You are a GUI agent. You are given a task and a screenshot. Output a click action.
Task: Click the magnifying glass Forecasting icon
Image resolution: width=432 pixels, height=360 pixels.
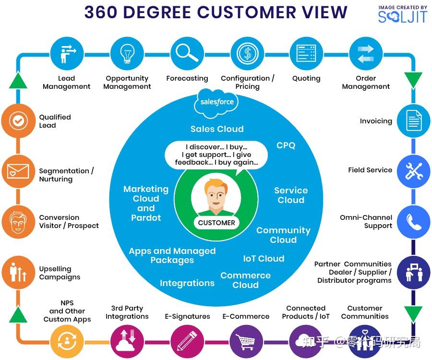pos(187,53)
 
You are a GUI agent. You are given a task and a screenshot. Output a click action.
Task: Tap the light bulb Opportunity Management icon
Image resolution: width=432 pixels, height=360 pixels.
pos(127,53)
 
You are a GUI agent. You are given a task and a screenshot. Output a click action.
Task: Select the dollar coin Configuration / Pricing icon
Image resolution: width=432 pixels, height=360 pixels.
pos(247,53)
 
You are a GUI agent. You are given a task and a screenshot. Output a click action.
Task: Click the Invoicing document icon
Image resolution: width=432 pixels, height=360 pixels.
pos(414,121)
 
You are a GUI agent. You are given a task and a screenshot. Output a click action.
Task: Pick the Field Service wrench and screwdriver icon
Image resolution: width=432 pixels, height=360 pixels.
pos(414,171)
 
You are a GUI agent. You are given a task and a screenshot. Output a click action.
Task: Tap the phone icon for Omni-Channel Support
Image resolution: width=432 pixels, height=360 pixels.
pos(414,222)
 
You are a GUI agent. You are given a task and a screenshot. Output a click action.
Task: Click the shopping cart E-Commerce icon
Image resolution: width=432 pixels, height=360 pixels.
pos(246,342)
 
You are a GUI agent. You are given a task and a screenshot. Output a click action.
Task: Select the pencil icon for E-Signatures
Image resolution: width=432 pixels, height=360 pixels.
pos(187,342)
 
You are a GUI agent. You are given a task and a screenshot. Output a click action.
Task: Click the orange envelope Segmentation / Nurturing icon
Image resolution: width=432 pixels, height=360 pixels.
pos(18,171)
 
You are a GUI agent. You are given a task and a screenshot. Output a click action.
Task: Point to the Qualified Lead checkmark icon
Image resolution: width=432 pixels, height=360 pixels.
pos(18,120)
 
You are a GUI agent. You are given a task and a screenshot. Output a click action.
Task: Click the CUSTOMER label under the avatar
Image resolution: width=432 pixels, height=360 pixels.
pos(216,223)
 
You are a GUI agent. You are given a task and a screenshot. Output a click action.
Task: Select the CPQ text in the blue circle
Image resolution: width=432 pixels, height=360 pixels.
pos(286,145)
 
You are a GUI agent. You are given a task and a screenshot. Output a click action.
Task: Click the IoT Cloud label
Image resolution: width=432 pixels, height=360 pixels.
pos(264,258)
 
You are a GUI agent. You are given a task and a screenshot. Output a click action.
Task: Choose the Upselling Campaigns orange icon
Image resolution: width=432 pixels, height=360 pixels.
pos(18,272)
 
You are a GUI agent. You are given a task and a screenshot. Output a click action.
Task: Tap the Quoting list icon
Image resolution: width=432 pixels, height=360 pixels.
pos(306,53)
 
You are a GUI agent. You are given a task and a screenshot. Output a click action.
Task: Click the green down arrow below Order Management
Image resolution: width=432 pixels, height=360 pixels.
pos(414,80)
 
